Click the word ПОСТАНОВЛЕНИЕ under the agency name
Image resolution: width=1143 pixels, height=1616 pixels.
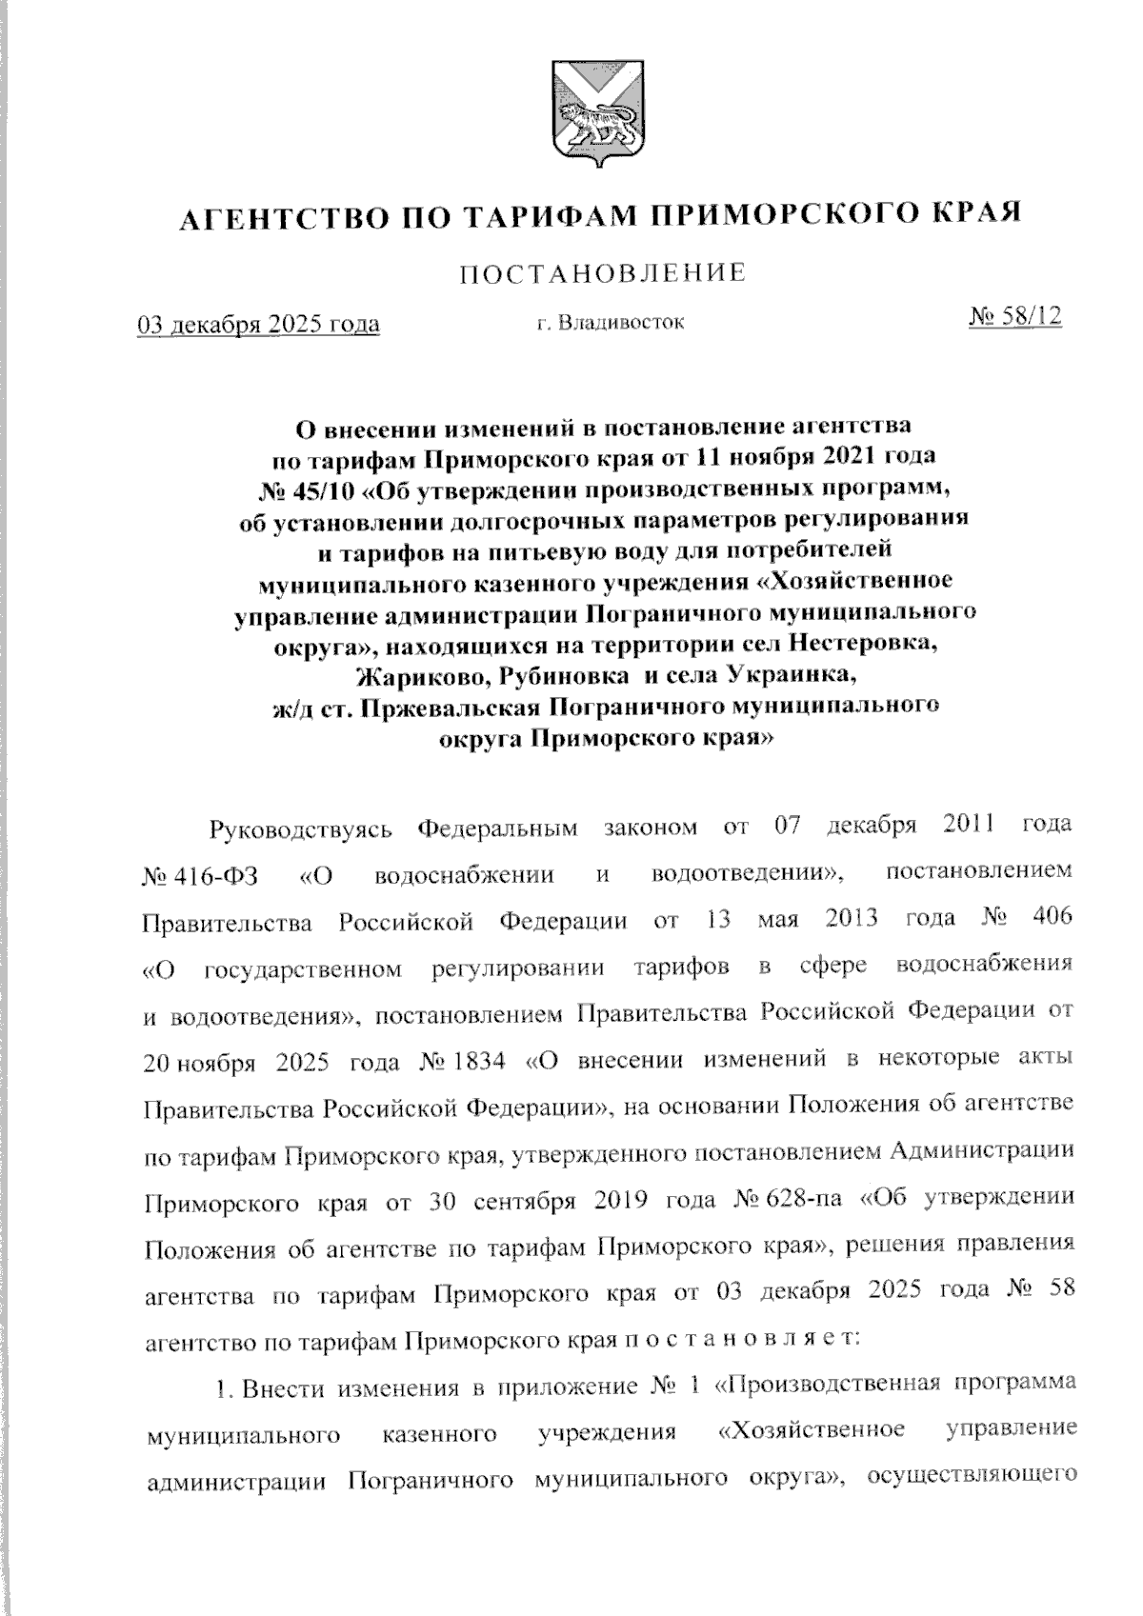tap(601, 274)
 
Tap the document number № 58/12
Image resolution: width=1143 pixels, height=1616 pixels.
tap(1015, 316)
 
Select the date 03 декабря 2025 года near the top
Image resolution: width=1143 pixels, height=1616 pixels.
tap(260, 325)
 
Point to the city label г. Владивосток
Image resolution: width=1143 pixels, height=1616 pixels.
tap(610, 323)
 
